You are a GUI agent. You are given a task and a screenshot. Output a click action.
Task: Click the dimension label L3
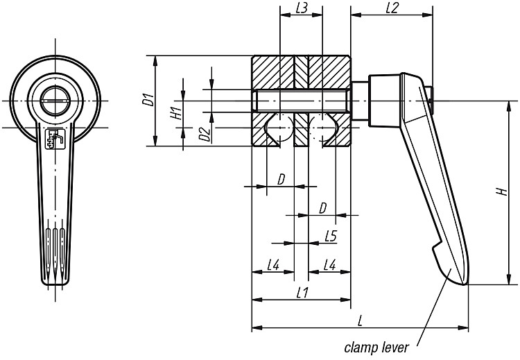(301, 8)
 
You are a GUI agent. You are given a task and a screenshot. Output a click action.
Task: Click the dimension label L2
(392, 8)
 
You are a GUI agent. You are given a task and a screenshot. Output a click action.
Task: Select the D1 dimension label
(150, 100)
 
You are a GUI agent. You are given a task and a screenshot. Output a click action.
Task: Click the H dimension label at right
(503, 191)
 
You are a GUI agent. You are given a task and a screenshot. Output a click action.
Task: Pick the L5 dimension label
(331, 237)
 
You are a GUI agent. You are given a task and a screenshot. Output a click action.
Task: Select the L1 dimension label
(302, 293)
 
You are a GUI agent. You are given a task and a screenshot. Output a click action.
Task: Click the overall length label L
(360, 320)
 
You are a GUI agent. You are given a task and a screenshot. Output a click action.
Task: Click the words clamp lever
(376, 348)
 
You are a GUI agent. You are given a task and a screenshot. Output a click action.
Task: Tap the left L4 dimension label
(273, 265)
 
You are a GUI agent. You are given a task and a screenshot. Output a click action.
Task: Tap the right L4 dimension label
(329, 265)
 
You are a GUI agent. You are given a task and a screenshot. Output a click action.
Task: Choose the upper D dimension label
(281, 180)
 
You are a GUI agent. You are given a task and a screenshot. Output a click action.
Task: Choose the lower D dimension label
(322, 208)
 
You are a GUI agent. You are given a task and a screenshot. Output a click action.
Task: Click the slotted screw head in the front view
(55, 101)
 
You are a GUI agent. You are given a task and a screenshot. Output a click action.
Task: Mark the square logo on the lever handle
(55, 139)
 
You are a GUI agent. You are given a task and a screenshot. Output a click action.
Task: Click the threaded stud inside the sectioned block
(301, 101)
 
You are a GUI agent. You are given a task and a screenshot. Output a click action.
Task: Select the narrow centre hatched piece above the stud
(302, 73)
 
